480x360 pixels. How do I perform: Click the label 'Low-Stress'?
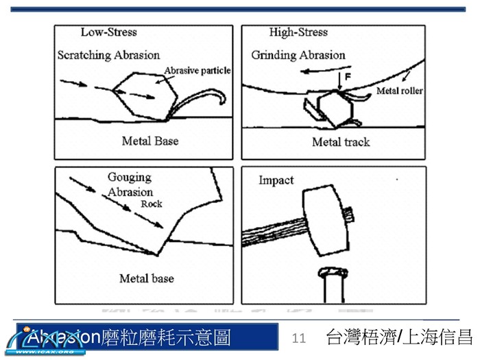(x=108, y=32)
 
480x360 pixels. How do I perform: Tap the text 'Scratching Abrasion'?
(x=108, y=55)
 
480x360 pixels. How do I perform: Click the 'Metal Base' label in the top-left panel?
(x=150, y=141)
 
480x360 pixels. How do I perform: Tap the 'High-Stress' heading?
(x=299, y=32)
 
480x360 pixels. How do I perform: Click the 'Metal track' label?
(x=341, y=142)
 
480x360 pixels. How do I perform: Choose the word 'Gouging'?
(x=130, y=178)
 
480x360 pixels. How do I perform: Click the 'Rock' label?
(x=151, y=204)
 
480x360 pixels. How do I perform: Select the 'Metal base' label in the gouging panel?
(x=146, y=278)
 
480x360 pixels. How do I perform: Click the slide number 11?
(x=298, y=337)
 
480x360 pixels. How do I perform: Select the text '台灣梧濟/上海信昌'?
(x=399, y=337)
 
